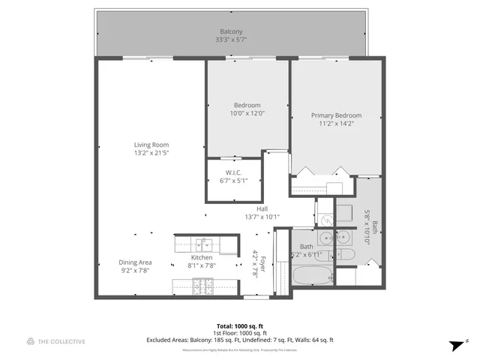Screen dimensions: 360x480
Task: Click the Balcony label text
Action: coord(231,32)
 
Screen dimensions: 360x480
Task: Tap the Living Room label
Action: coord(151,145)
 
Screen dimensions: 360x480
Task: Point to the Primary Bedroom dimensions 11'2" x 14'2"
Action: coord(336,124)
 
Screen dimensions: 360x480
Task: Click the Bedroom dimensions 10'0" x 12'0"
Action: coord(247,113)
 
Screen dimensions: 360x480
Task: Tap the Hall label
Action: coord(262,209)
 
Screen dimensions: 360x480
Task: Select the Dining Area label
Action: coord(135,262)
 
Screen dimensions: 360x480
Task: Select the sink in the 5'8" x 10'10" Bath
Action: coord(343,238)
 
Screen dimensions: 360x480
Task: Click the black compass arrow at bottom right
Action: coord(455,344)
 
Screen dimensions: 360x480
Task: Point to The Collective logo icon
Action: coord(31,341)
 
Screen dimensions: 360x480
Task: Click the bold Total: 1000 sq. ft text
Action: coord(239,326)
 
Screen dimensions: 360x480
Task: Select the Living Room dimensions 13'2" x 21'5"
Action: coord(151,154)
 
